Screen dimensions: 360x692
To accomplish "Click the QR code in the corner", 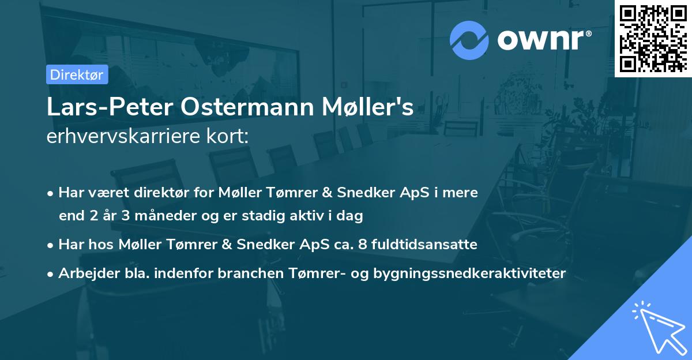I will point(653,39).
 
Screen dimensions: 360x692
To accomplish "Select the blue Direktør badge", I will point(77,74).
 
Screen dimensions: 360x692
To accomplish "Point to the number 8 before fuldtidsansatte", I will point(362,245).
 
